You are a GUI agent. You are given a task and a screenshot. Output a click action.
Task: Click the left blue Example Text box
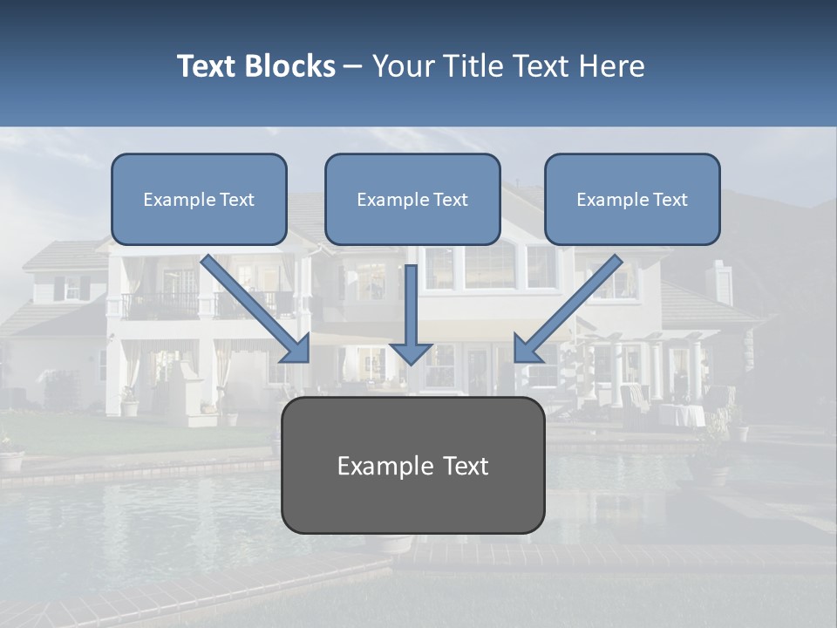[199, 200]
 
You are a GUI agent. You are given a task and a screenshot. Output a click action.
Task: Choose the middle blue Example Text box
[412, 200]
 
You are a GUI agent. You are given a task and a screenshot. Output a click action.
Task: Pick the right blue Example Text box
[632, 200]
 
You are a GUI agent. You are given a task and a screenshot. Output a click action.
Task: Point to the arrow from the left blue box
[257, 310]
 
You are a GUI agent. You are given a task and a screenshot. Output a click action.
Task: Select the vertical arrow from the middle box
[411, 314]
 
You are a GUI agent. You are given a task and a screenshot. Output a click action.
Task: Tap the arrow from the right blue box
[567, 310]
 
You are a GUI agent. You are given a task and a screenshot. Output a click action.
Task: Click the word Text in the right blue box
[670, 200]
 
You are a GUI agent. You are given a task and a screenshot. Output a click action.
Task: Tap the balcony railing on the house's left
[160, 305]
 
